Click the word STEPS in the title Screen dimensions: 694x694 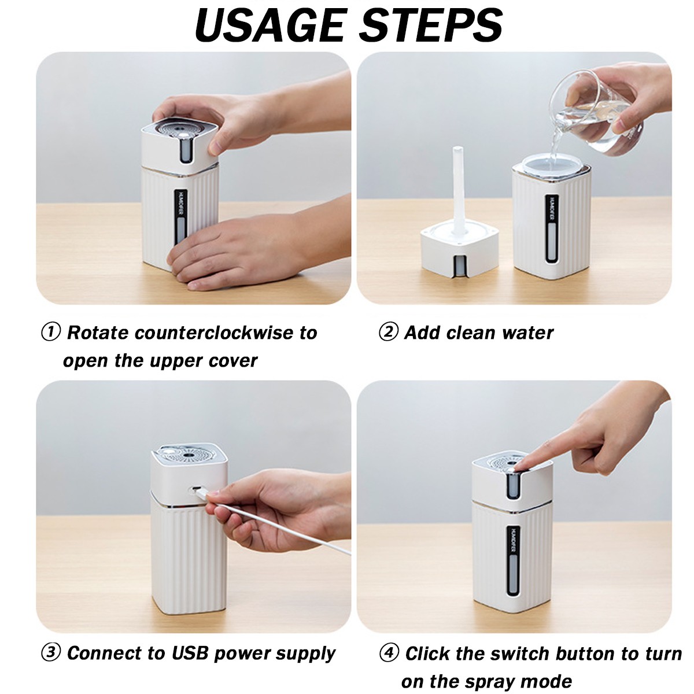pos(431,25)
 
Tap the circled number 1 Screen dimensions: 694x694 pos(50,332)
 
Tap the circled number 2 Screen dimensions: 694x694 pos(389,332)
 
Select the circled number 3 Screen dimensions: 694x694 pos(50,652)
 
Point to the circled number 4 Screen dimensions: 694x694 pos(389,652)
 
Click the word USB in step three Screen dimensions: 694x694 pos(190,652)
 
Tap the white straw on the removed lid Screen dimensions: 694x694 pos(459,190)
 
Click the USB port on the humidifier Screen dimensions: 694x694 pos(197,489)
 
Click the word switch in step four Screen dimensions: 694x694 pos(520,653)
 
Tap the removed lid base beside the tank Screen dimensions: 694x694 pos(460,249)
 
